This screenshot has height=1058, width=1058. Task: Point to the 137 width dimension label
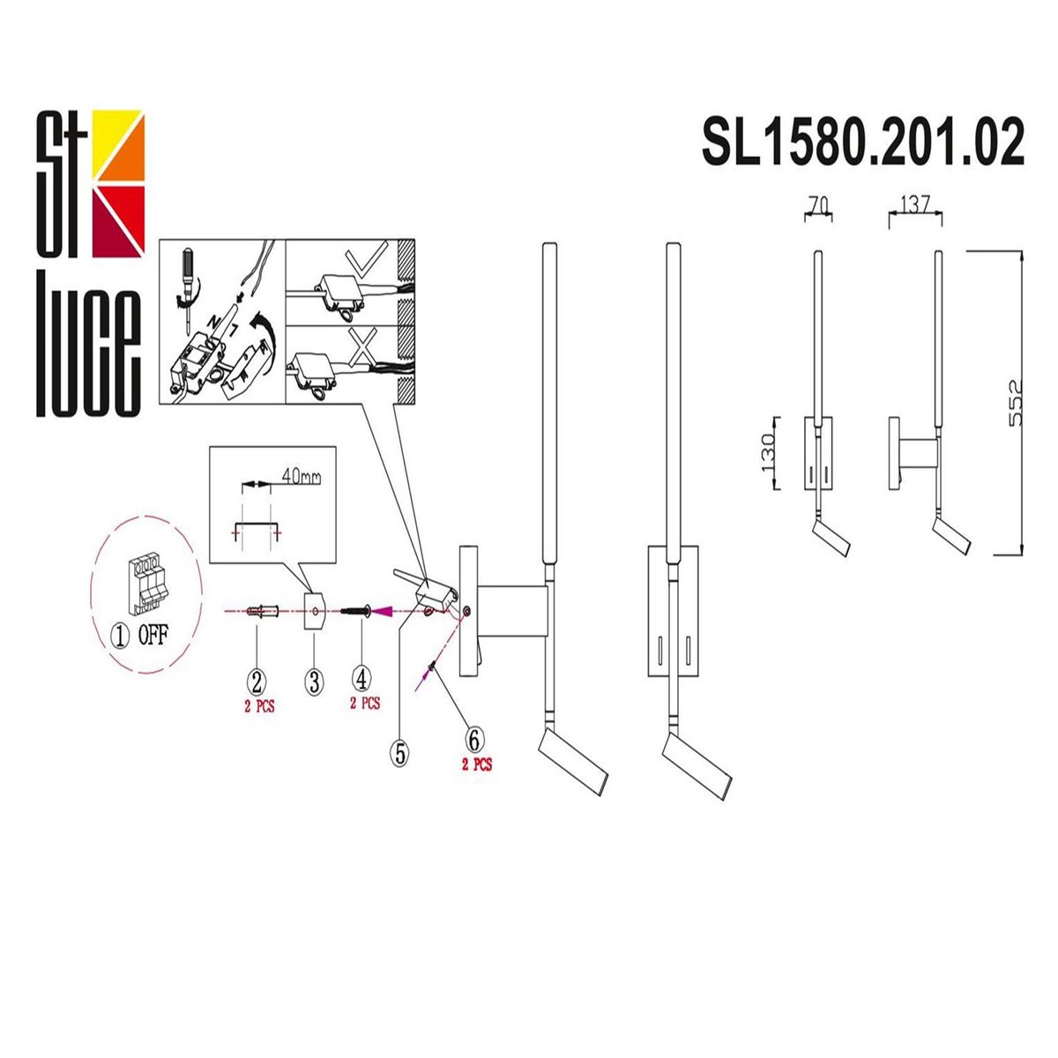(914, 205)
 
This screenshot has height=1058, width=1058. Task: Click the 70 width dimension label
(817, 205)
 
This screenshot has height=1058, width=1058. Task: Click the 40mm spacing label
(302, 477)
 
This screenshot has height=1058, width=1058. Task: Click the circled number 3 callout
(315, 681)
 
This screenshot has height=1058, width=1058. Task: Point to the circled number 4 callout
(361, 679)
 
